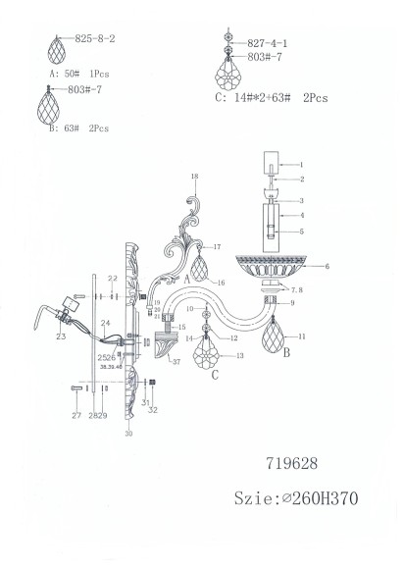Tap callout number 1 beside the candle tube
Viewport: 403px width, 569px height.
tap(302, 165)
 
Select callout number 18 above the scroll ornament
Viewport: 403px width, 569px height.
tap(195, 177)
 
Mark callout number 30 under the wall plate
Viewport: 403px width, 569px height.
tap(128, 434)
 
